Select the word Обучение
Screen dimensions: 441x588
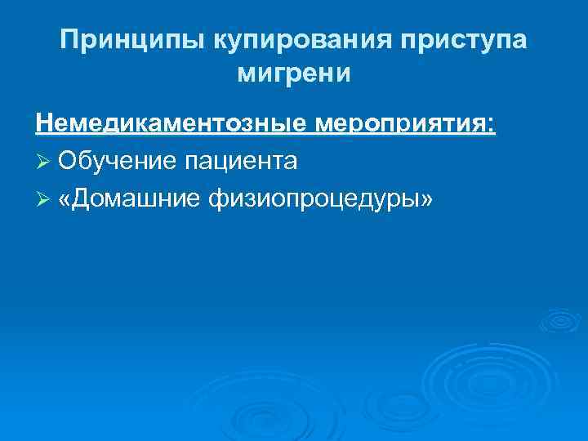(117, 161)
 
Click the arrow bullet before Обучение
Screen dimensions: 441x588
(43, 162)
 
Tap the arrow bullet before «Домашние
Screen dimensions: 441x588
(43, 198)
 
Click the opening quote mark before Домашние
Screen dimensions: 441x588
(65, 198)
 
